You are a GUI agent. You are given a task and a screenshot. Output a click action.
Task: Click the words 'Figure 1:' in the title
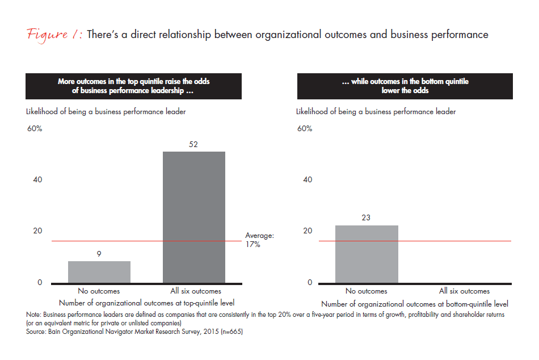(x=54, y=35)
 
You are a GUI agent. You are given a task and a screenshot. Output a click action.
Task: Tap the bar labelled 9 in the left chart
(x=99, y=272)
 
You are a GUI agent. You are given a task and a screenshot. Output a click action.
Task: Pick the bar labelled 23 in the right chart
(x=367, y=254)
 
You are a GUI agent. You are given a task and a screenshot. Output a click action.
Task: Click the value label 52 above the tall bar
(x=194, y=145)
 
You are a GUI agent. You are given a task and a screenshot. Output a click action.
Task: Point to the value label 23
(x=367, y=217)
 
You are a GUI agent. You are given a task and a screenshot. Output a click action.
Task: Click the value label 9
(x=99, y=254)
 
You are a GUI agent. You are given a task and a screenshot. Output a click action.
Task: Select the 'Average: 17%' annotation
(x=260, y=240)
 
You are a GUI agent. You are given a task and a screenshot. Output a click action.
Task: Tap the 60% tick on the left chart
(x=35, y=129)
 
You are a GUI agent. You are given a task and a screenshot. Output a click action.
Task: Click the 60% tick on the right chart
(x=304, y=129)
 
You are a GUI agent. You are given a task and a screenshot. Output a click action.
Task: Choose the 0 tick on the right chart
(x=310, y=282)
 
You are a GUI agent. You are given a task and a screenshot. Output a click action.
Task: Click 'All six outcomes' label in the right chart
(x=464, y=291)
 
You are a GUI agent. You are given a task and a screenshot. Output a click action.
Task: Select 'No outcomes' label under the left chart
(x=99, y=291)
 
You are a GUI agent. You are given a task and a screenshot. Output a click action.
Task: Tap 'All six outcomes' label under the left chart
(x=195, y=291)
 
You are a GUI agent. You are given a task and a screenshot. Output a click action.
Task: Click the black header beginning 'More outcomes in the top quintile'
(x=134, y=86)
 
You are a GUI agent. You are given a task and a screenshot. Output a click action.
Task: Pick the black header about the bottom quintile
(x=405, y=86)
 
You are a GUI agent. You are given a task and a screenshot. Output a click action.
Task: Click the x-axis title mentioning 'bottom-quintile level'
(x=414, y=304)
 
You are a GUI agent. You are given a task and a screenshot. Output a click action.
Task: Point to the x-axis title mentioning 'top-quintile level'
(x=146, y=303)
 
